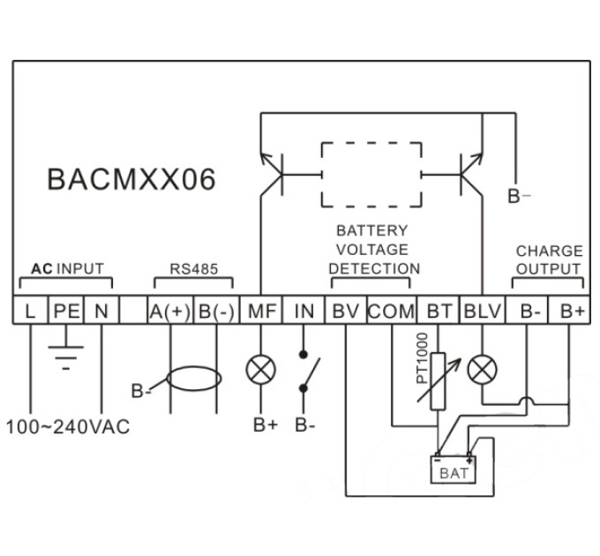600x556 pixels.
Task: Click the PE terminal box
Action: point(66,311)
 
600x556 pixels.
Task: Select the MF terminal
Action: point(261,311)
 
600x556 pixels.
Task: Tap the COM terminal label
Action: point(392,312)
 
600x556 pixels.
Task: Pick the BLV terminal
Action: point(482,311)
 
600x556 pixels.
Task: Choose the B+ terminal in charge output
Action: point(569,311)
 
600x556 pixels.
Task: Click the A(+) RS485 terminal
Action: point(170,311)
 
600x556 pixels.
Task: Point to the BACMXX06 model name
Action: point(131,179)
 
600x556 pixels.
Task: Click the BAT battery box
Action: point(454,470)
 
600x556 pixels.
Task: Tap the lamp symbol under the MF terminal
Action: point(260,370)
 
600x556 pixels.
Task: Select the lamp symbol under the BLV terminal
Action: point(482,370)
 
